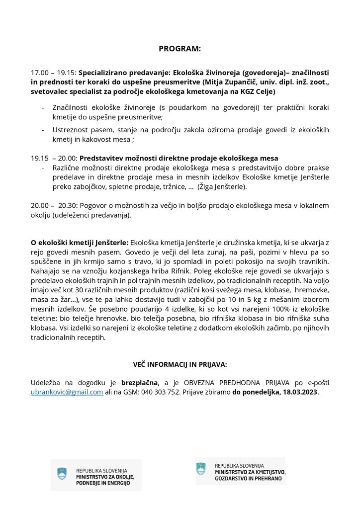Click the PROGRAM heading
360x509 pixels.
click(x=180, y=49)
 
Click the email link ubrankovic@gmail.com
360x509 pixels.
click(x=67, y=392)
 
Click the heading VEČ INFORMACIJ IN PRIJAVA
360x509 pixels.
click(x=180, y=364)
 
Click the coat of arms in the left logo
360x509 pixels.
click(x=62, y=474)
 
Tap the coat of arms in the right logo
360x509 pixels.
click(x=201, y=469)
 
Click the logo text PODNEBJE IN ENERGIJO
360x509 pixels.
click(x=102, y=483)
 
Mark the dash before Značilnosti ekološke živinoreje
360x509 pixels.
click(x=43, y=107)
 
